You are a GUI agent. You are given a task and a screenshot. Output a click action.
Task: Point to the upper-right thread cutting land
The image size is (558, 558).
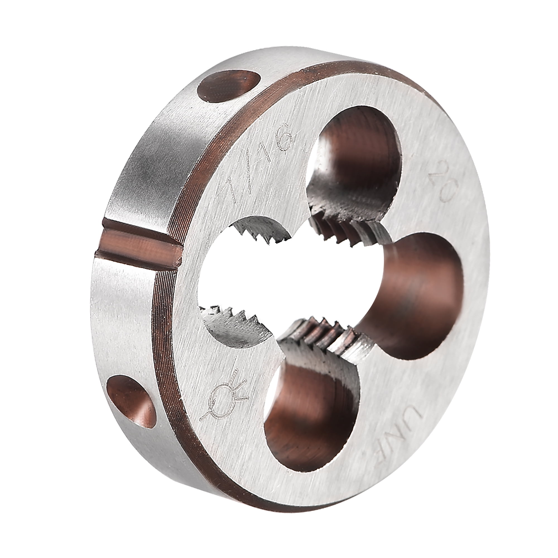pos(347,231)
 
